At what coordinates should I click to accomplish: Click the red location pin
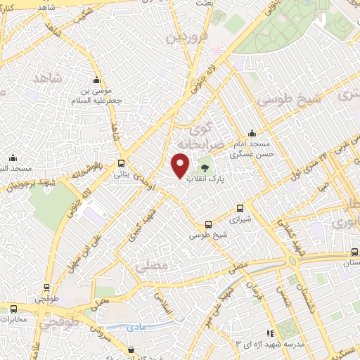coord(181,166)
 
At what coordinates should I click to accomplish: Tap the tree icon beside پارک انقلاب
coord(205,168)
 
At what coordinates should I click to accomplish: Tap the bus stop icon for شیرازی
coord(240,208)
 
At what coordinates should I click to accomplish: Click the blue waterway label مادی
coord(136,328)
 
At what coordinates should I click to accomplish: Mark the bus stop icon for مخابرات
coord(13,308)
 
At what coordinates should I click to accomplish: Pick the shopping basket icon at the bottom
coord(131,349)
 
